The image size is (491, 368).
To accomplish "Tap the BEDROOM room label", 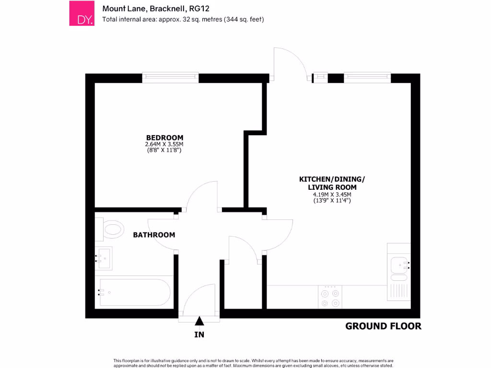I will point(164,138).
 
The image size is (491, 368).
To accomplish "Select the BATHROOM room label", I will point(154,235).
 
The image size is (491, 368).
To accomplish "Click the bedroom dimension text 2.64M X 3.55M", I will point(164,144).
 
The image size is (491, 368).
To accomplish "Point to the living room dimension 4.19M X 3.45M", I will point(332,195).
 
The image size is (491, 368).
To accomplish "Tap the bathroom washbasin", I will point(104,258).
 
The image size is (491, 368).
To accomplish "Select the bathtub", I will point(133,292).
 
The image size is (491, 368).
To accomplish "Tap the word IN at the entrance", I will point(199,334).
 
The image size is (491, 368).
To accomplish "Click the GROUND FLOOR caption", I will point(383,326).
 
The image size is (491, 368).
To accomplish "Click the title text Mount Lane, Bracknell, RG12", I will point(156,8).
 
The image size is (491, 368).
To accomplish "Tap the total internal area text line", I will point(183,20).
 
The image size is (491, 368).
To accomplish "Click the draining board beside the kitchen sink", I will point(399,290).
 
